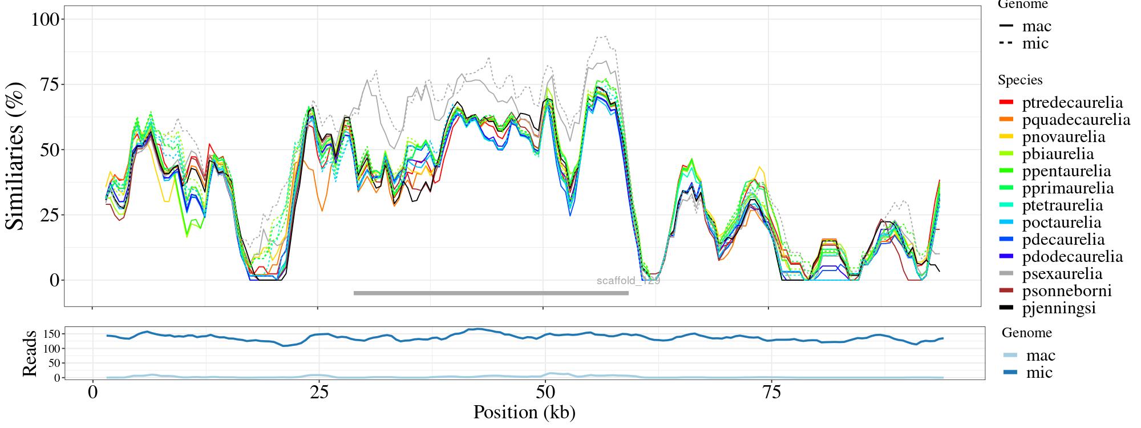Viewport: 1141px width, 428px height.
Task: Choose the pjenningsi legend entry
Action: [1059, 308]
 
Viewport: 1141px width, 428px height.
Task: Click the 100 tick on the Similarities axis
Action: [45, 19]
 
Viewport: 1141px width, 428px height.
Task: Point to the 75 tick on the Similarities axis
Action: [50, 84]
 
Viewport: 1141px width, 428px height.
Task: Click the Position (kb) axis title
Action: [524, 412]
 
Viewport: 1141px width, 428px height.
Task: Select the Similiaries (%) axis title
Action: [16, 156]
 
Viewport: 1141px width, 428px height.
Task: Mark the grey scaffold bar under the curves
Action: [491, 293]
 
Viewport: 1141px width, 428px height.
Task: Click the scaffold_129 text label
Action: [628, 281]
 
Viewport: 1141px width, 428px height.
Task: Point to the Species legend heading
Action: [1020, 80]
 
